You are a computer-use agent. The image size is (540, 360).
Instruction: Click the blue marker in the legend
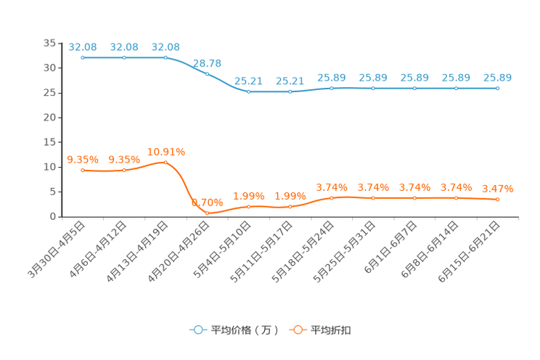coord(197,330)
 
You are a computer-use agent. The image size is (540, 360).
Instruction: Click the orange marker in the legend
coord(298,330)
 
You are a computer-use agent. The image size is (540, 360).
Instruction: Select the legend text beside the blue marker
coord(244,330)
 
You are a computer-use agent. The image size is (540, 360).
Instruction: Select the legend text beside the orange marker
coord(332,330)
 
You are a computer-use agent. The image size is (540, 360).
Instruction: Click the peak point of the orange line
coord(165,163)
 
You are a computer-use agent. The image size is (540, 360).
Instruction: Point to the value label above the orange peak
coord(165,151)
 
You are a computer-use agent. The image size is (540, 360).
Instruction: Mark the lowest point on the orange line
coord(208,213)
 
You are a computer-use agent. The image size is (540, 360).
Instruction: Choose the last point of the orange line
coord(498,200)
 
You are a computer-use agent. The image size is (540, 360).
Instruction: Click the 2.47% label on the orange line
coord(498,189)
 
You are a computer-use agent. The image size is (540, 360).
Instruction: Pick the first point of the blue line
coord(83,57)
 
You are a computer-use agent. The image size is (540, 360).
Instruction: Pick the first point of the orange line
coord(83,170)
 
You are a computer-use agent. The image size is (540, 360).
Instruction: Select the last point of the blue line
coord(498,88)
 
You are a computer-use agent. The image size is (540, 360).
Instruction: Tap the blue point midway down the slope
coord(208,73)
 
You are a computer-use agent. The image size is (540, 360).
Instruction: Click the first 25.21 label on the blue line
coord(249,81)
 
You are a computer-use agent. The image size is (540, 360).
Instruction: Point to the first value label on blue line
coord(83,46)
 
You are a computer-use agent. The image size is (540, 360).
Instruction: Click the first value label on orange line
coord(83,159)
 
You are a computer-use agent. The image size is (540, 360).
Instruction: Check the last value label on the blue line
coord(498,77)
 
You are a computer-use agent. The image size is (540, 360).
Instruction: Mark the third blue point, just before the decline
coord(165,57)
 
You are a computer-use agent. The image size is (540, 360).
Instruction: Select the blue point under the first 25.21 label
coord(249,91)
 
